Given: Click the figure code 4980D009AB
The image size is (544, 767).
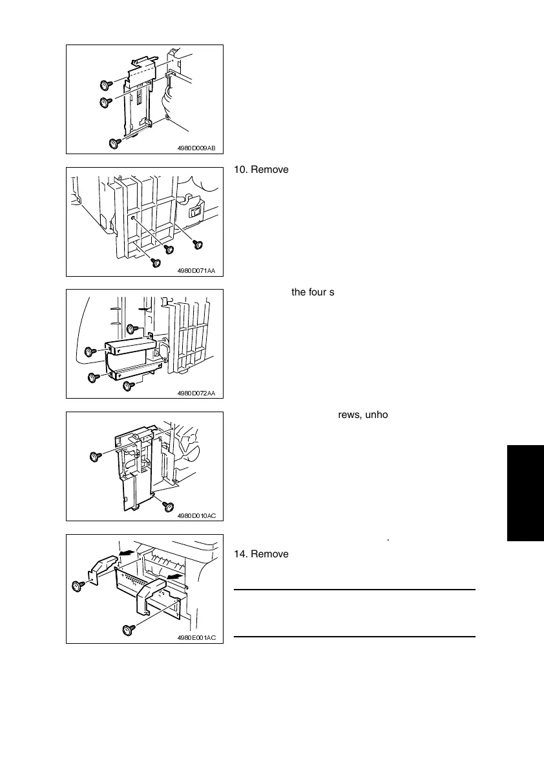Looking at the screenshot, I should [196, 148].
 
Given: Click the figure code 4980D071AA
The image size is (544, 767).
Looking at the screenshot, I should [196, 271].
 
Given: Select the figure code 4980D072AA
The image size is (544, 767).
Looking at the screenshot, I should [196, 393].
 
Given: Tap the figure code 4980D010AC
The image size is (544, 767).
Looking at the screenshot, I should [196, 515].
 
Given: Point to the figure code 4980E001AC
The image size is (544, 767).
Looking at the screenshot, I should [196, 637].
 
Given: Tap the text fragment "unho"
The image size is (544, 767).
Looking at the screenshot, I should [374, 415].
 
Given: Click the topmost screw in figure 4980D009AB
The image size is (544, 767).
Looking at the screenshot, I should [104, 85].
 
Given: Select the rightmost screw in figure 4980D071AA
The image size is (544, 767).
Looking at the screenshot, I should [198, 243].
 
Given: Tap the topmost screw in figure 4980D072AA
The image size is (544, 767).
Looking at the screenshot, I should [131, 329].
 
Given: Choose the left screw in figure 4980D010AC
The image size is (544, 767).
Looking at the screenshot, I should [94, 456].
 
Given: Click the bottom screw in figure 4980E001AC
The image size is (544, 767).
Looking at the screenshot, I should [127, 628].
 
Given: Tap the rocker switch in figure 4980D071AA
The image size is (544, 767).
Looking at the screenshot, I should [194, 211].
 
